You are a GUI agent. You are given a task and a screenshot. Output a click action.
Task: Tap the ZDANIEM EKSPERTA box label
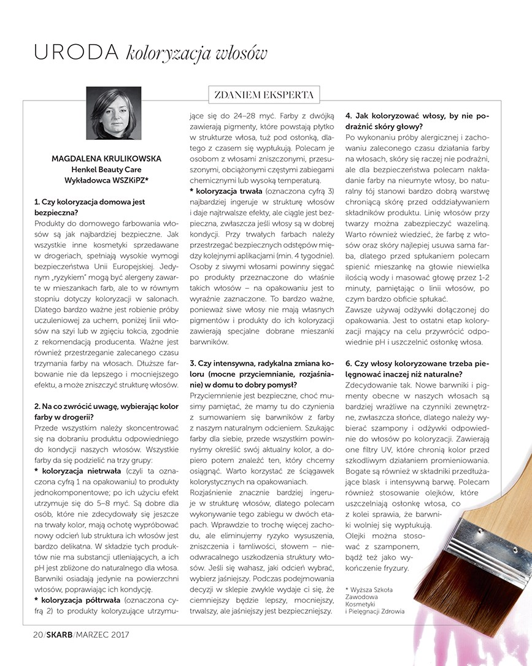click(264, 95)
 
